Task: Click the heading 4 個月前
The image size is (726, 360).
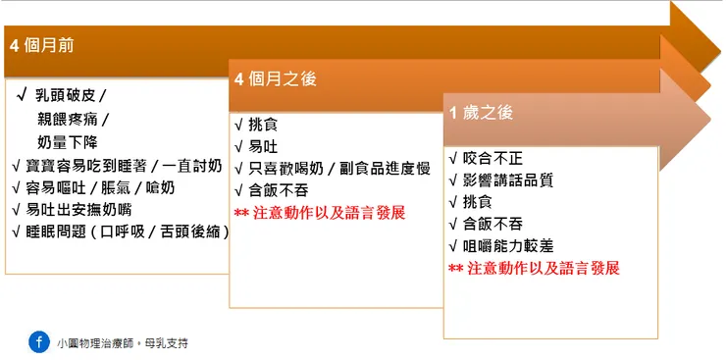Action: coord(41,45)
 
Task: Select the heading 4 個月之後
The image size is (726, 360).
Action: coord(276,79)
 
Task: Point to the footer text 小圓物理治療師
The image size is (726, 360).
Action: coord(96,343)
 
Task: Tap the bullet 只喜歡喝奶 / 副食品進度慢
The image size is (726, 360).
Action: coord(338,169)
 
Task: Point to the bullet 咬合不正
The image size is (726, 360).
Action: coord(488,158)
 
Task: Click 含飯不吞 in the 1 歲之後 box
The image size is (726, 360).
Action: coord(488,224)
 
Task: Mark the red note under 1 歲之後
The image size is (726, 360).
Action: coord(534,268)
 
